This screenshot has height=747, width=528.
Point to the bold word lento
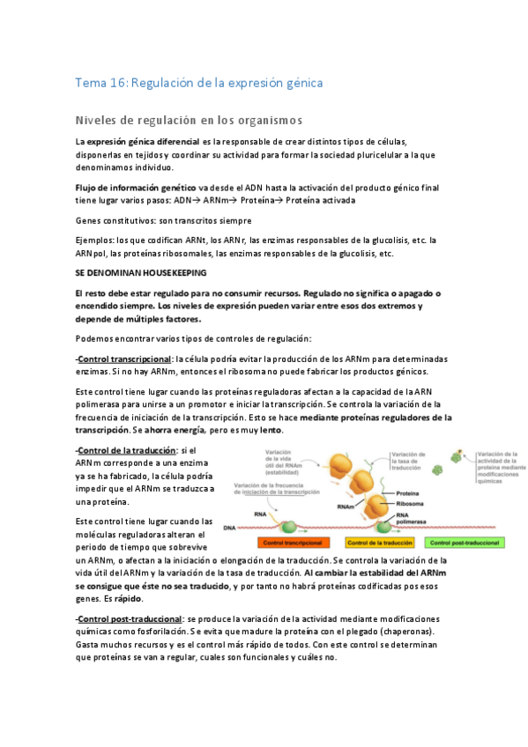click(271, 430)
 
